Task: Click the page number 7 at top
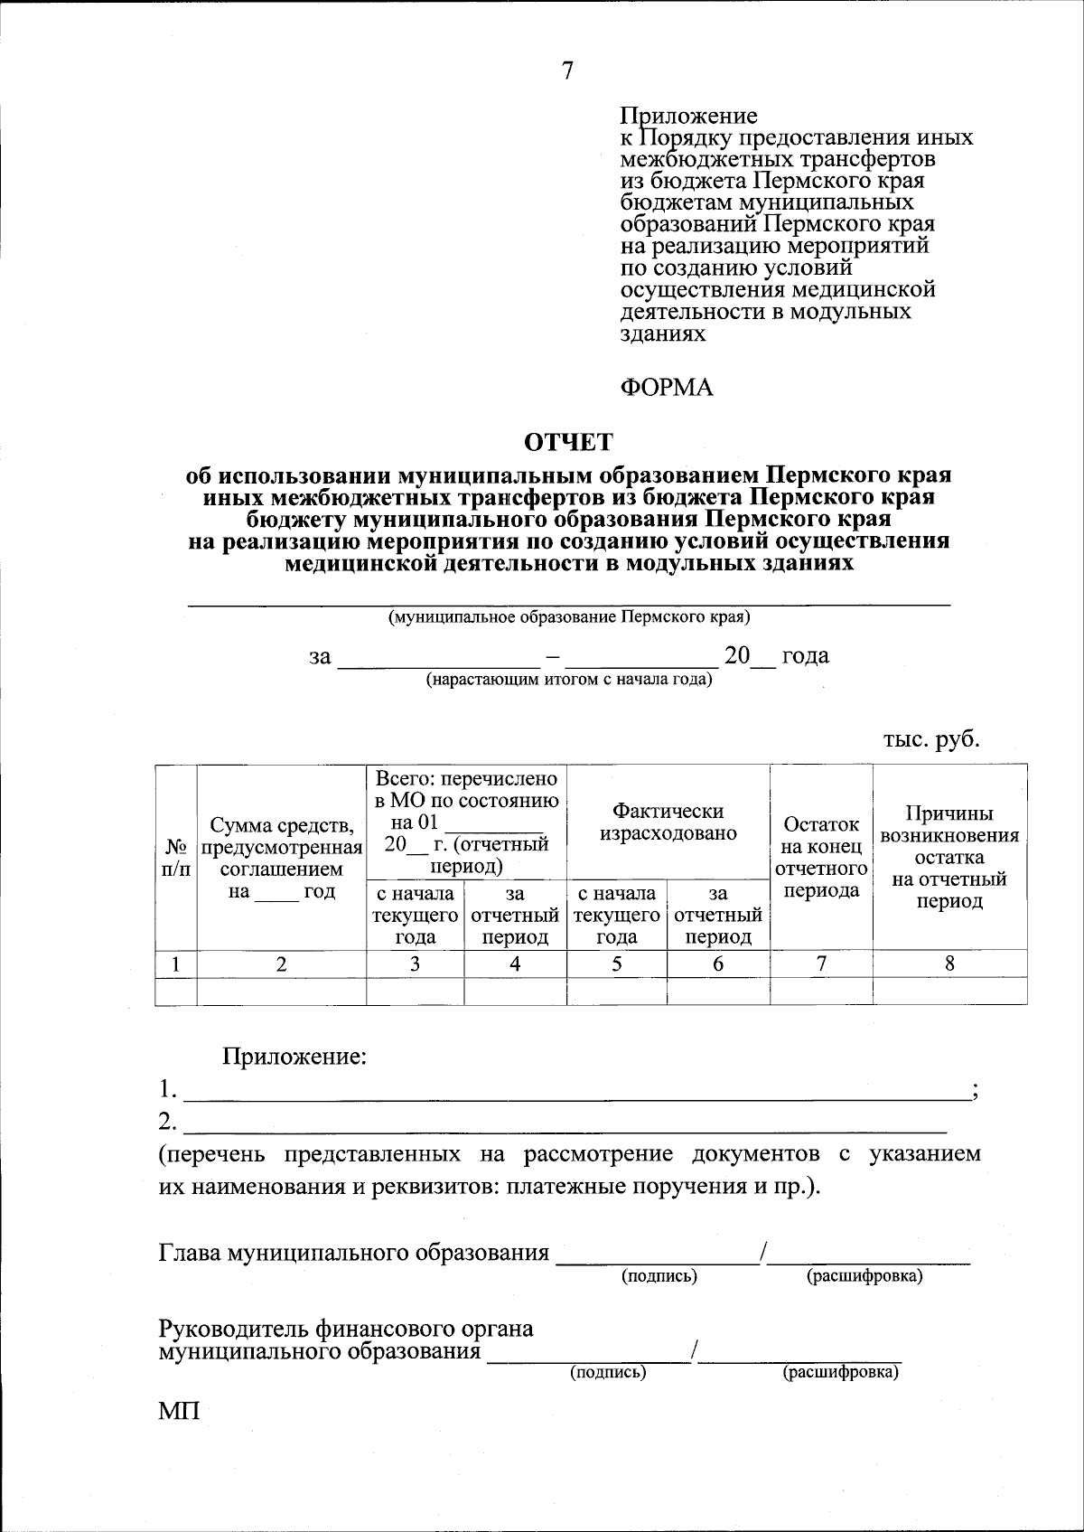[x=567, y=71]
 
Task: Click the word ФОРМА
[x=667, y=388]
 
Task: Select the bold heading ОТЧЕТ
[x=568, y=442]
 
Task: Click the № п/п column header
[x=176, y=858]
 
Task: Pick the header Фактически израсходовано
[x=668, y=822]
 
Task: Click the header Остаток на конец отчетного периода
[x=821, y=857]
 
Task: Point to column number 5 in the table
[x=616, y=963]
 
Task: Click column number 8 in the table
[x=949, y=963]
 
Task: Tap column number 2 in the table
[x=282, y=963]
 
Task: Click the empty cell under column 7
[x=821, y=992]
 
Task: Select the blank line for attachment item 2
[x=565, y=1123]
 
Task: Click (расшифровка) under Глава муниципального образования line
[x=864, y=1276]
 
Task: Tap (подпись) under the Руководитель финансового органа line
[x=607, y=1372]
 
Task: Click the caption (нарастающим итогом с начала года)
[x=569, y=680]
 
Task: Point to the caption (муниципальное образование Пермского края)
[x=569, y=617]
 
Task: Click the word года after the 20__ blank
[x=805, y=655]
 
